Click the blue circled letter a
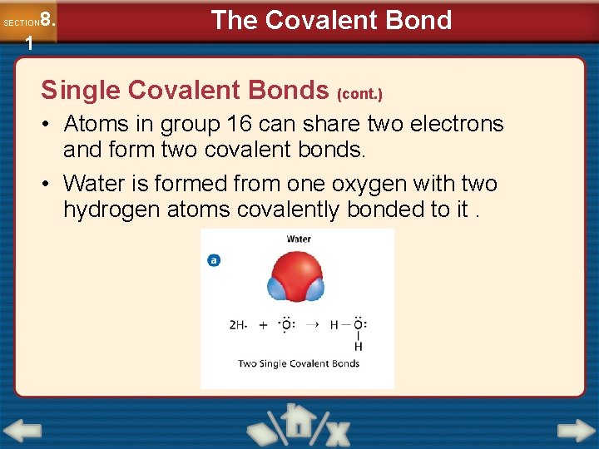(x=214, y=260)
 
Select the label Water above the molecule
(x=299, y=239)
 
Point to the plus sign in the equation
(x=264, y=325)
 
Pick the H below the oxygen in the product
(x=359, y=346)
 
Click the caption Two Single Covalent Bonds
(x=299, y=363)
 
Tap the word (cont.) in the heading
(x=359, y=93)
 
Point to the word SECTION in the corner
(x=21, y=22)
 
